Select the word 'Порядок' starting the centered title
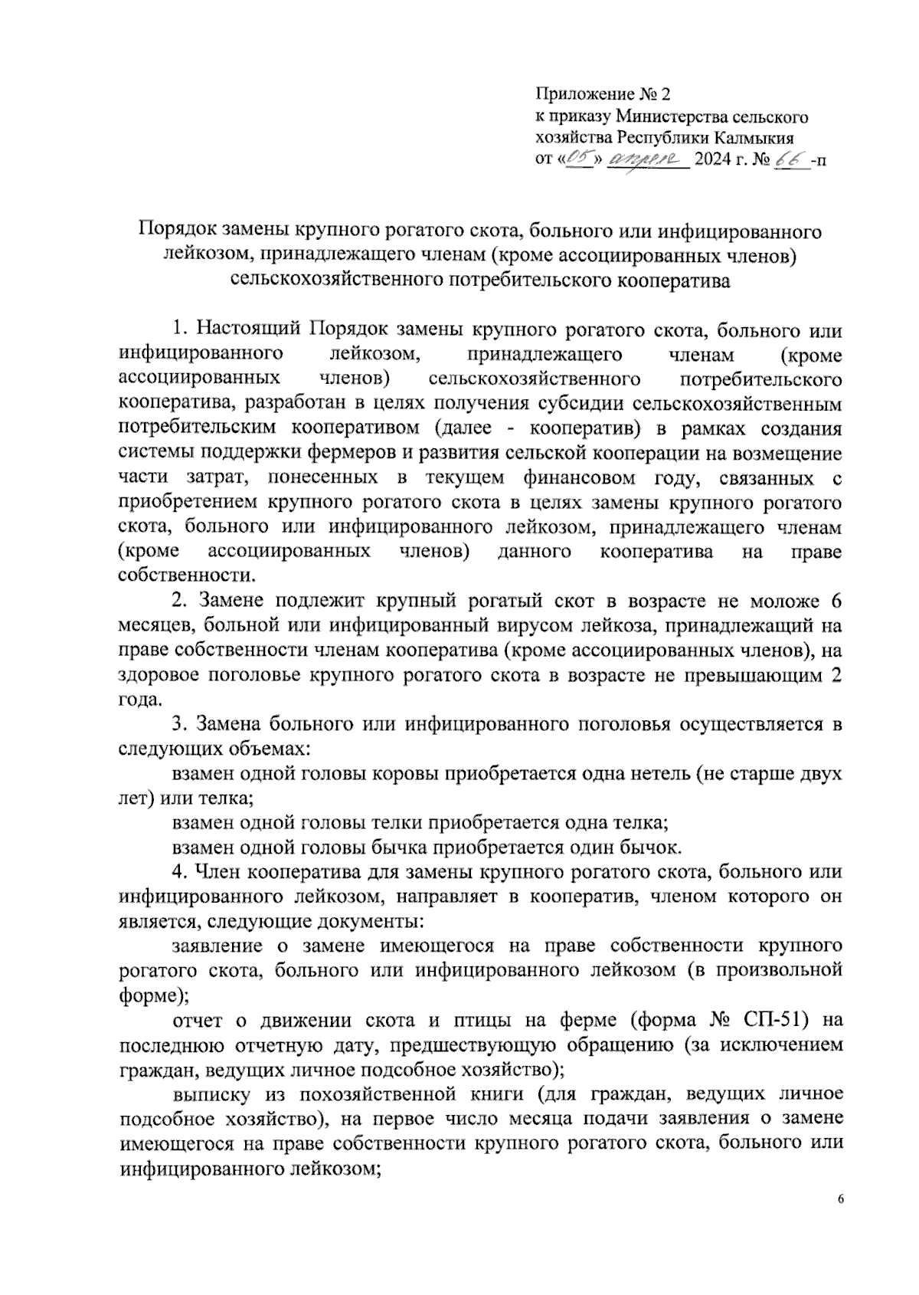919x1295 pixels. pyautogui.click(x=177, y=231)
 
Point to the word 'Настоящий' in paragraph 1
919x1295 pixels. pyautogui.click(x=250, y=331)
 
